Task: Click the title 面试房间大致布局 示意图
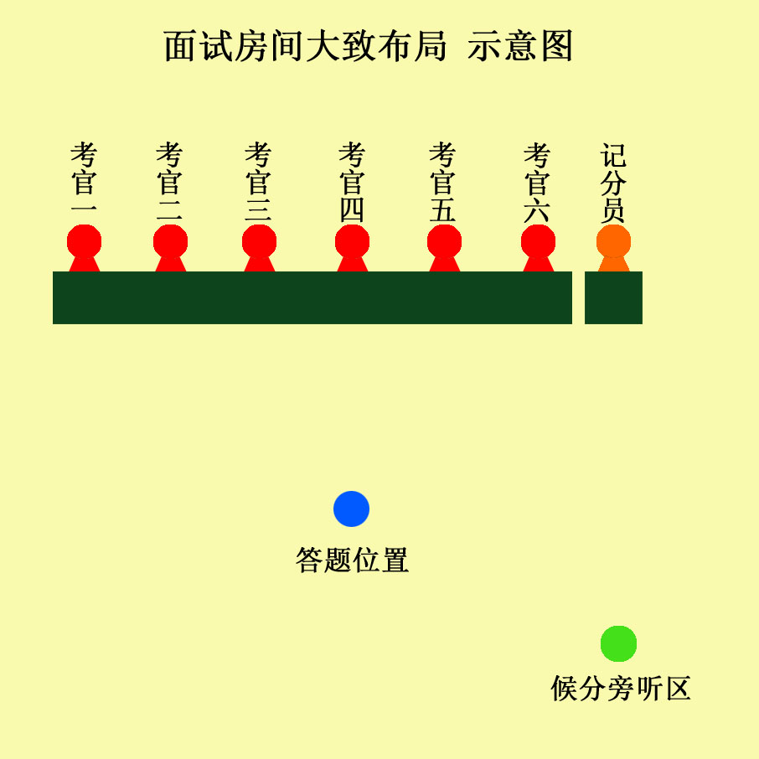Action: [369, 46]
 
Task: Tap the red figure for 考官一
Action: [85, 248]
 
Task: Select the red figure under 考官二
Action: [170, 248]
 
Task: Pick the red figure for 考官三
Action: [260, 248]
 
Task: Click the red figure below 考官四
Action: [353, 248]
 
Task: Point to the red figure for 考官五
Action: [444, 248]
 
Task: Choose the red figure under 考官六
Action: [539, 248]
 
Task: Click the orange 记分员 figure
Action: [614, 248]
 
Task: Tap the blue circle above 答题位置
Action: [351, 509]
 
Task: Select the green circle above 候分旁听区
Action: [618, 643]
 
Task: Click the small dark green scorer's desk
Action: [613, 297]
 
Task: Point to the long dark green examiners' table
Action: [312, 297]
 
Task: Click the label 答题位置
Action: [353, 560]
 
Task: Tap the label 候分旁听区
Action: [621, 688]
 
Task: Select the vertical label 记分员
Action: [613, 183]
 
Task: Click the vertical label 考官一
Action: [85, 179]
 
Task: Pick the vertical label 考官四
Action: [353, 182]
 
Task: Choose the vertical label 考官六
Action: [537, 183]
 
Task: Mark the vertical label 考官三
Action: [259, 182]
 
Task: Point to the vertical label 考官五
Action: [443, 182]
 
